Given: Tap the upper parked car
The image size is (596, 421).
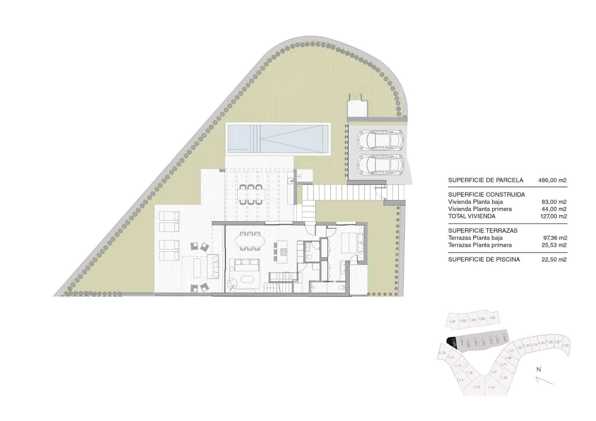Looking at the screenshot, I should [380, 140].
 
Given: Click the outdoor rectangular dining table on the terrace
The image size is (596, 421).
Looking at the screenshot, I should [251, 194].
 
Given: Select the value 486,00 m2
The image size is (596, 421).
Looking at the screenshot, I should [552, 180].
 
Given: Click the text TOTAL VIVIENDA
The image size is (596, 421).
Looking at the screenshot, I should [472, 216].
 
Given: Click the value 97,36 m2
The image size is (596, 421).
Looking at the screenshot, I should [555, 238].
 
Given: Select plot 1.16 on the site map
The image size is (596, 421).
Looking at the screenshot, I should [491, 387].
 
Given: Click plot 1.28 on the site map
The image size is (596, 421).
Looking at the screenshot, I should [565, 345].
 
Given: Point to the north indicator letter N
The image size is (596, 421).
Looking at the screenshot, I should [538, 370].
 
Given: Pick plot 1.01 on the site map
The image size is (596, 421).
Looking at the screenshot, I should [452, 322].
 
